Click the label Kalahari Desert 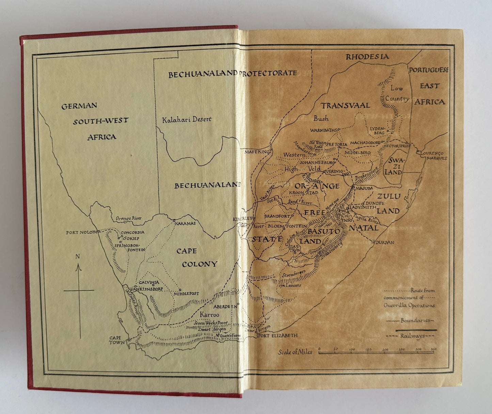point(187,119)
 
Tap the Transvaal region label point(345,105)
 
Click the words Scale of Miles point(295,352)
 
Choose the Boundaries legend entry point(412,321)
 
